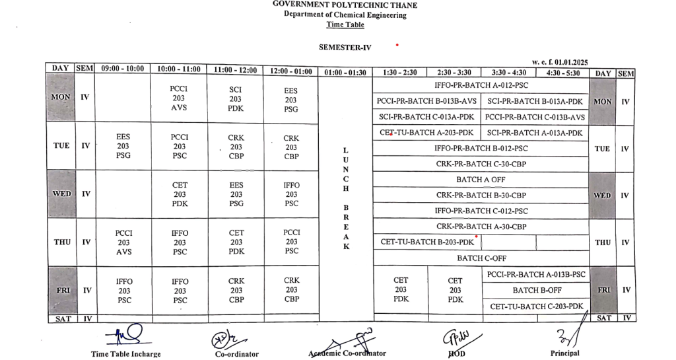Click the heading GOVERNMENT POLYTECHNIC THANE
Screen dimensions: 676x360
(345, 5)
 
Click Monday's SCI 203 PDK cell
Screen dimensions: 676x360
(236, 98)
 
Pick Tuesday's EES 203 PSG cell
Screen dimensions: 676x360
(123, 147)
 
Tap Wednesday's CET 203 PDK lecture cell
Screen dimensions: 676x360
(180, 195)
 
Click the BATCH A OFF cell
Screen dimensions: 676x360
(481, 180)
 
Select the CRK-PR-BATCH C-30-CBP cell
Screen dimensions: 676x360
(481, 164)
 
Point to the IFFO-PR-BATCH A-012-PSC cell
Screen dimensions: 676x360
(481, 85)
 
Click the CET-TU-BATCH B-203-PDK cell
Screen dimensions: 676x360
(427, 242)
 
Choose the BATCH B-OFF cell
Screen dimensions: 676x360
(537, 290)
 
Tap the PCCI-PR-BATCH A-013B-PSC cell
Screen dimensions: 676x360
(537, 274)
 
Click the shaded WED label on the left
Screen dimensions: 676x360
(60, 194)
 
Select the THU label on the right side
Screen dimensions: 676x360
(602, 242)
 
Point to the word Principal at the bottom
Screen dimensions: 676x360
(564, 353)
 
